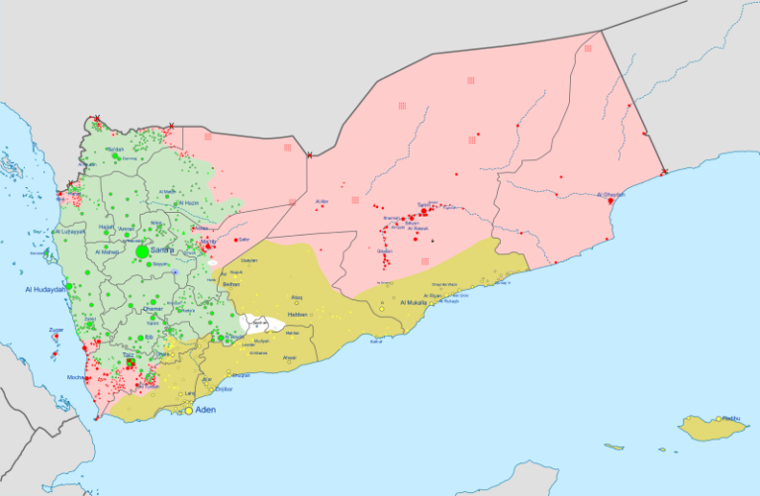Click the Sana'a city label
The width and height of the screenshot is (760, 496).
click(161, 251)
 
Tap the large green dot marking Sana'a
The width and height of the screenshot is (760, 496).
click(142, 252)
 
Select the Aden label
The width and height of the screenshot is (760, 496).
click(206, 410)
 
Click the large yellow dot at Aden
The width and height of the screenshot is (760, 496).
click(189, 410)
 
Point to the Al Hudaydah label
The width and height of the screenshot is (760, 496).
click(46, 289)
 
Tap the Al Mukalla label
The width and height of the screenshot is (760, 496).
click(414, 302)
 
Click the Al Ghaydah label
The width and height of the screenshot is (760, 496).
click(613, 195)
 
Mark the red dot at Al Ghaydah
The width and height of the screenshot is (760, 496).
click(611, 202)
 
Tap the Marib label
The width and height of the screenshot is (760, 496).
click(208, 241)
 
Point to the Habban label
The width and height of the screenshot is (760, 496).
click(298, 315)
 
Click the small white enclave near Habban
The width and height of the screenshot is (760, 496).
click(255, 323)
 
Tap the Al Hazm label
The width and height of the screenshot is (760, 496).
click(188, 203)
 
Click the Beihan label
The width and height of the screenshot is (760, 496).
click(232, 284)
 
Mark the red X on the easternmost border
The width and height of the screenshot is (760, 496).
click(664, 172)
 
